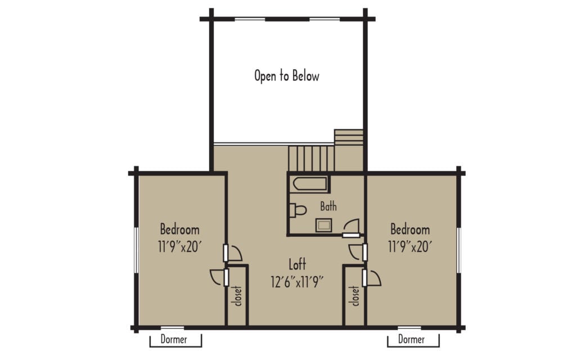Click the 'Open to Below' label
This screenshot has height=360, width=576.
[287, 76]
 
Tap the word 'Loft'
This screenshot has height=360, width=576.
[297, 264]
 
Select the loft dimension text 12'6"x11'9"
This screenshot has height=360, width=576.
[297, 282]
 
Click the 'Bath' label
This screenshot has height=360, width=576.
[328, 206]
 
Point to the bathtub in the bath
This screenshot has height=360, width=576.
[310, 184]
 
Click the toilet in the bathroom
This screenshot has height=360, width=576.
[298, 210]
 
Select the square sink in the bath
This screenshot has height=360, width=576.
[323, 225]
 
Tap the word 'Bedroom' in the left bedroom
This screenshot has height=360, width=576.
[179, 229]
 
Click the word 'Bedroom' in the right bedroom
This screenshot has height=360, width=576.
[410, 229]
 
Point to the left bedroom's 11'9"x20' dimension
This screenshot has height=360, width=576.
[179, 247]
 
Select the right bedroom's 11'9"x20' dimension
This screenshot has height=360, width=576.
[410, 247]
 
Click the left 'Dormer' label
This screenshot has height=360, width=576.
[174, 339]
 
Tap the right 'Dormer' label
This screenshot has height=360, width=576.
[411, 339]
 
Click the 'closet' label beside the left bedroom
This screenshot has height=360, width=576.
[238, 296]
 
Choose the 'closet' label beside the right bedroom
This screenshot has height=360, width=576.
[355, 296]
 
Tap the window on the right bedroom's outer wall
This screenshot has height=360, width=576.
[458, 250]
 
